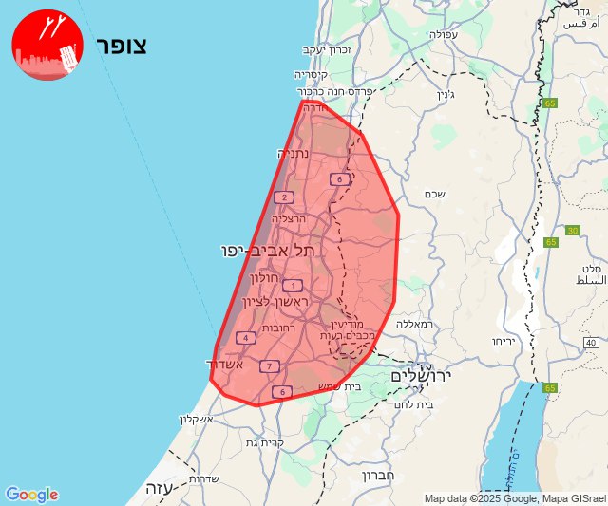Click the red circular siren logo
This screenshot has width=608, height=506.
coord(47,46)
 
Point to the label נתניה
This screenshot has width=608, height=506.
coord(294,154)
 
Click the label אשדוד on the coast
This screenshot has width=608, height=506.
coord(226,365)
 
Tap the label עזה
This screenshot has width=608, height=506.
coord(156,487)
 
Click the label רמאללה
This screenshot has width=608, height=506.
coord(416,324)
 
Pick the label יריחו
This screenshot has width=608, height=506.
coord(503,340)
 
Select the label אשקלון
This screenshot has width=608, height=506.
coord(197,420)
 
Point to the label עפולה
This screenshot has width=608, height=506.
coord(444,34)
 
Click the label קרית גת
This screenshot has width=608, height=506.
coord(264,443)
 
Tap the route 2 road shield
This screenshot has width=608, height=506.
coord(283,198)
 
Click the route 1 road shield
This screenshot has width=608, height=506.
coord(293,286)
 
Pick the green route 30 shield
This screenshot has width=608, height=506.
coord(571,231)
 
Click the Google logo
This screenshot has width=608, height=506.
coord(31,495)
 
